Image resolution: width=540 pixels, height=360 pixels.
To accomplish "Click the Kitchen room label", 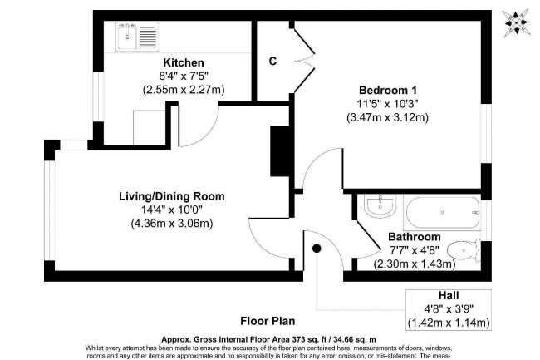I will pyautogui.click(x=184, y=63).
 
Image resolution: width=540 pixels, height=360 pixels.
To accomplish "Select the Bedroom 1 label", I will pyautogui.click(x=388, y=90).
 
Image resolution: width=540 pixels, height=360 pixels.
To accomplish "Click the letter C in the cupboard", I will pyautogui.click(x=272, y=61).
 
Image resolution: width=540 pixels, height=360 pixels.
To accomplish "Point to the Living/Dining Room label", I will pyautogui.click(x=171, y=196).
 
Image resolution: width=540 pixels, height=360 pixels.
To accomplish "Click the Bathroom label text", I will pyautogui.click(x=415, y=237).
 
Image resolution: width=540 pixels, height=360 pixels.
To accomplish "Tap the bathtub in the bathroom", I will pyautogui.click(x=441, y=213).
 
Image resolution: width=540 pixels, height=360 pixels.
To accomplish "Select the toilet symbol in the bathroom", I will pyautogui.click(x=462, y=250).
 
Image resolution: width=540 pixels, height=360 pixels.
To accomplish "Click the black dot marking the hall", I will pyautogui.click(x=317, y=247).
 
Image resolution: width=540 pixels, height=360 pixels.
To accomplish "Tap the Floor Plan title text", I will pyautogui.click(x=269, y=320).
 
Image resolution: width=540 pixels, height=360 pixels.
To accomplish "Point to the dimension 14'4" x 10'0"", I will pyautogui.click(x=171, y=210).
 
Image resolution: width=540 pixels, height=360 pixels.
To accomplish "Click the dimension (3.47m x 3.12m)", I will pyautogui.click(x=388, y=117).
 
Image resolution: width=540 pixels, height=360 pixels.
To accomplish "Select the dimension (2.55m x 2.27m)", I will pyautogui.click(x=184, y=90).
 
